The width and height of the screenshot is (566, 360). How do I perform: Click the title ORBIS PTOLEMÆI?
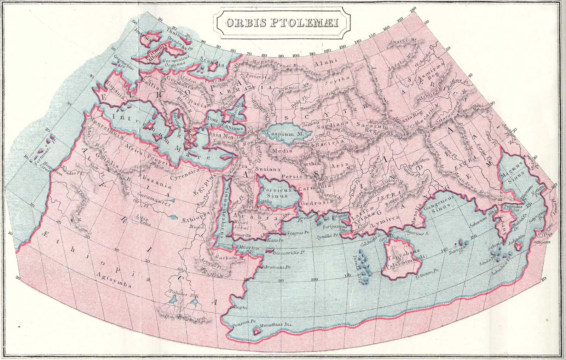(x=282, y=23)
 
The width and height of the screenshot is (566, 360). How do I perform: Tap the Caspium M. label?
(x=281, y=134)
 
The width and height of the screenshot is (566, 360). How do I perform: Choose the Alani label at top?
(x=326, y=62)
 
